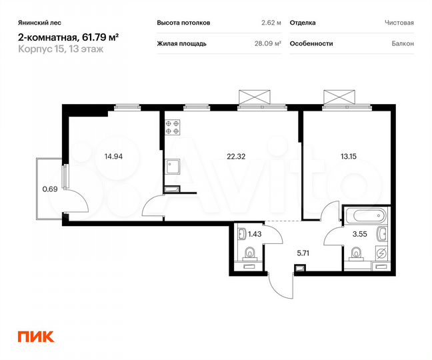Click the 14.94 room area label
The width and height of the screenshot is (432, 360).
pyautogui.click(x=113, y=157)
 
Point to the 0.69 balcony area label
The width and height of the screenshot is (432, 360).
pyautogui.click(x=49, y=189)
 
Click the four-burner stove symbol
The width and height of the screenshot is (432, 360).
pyautogui.click(x=173, y=127)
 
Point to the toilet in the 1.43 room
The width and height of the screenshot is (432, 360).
pyautogui.click(x=250, y=253)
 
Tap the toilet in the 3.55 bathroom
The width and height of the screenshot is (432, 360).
pyautogui.click(x=356, y=253)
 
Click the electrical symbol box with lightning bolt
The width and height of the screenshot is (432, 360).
pyautogui.click(x=381, y=253)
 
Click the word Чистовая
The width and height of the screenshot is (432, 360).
pyautogui.click(x=399, y=23)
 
